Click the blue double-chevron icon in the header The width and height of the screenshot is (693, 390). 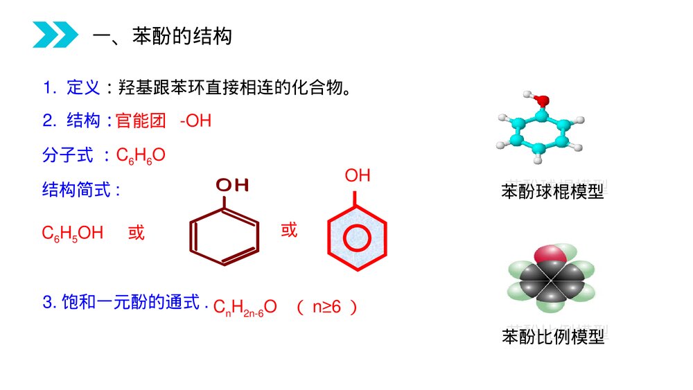pos(55,35)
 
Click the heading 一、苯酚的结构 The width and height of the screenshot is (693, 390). pos(162,36)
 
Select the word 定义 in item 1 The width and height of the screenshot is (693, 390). pos(84,88)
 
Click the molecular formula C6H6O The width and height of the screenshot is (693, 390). pos(141,155)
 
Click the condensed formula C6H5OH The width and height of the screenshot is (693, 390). pos(73,233)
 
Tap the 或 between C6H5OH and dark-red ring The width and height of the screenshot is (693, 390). pos(137,233)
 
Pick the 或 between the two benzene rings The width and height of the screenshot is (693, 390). pos(289,230)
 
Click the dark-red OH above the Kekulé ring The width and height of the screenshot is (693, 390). pos(231,185)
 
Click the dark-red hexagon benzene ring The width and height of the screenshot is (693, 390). pos(225,236)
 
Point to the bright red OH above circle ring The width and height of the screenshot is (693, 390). pos(358,176)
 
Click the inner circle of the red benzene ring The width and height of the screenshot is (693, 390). pos(356,238)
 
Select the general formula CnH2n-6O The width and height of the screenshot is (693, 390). pos(245,308)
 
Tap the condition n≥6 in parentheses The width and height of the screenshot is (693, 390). pos(326,307)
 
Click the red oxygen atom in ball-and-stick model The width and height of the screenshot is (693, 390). pos(543,101)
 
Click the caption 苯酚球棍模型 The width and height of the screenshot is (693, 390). pos(552,192)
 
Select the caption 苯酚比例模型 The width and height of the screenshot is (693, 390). pos(553,337)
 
